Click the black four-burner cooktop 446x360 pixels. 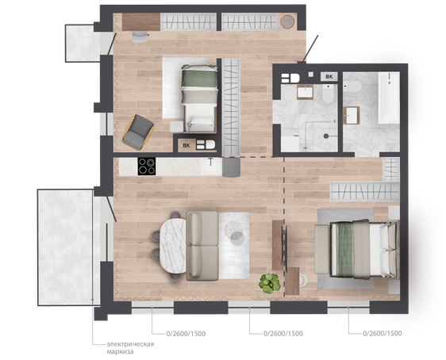coord(147,167)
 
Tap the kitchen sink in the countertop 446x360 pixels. coord(211,167)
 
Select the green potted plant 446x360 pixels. coord(269,283)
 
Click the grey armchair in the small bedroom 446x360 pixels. coord(138,132)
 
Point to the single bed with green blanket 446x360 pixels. coord(199,98)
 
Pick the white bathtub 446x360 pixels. coord(389,98)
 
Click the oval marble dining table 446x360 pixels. coord(173,246)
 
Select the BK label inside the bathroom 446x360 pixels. coord(329,76)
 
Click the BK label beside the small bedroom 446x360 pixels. coord(186,145)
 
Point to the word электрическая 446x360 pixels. coord(130,344)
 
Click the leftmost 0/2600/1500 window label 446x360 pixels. coord(186,334)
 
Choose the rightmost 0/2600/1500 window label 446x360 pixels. coord(383,333)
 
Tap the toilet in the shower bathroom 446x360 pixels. coord(328,94)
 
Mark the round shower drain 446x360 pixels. coord(326,136)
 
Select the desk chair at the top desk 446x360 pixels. coord(140,36)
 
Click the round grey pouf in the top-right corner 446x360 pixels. coord(287,21)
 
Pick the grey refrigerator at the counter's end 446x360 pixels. coord(231,167)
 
